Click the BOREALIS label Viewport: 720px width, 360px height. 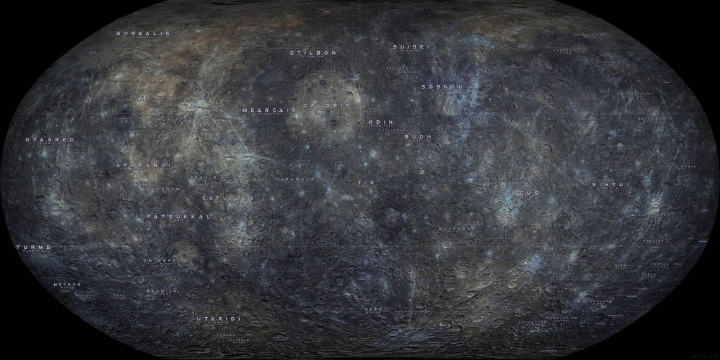tap(143, 33)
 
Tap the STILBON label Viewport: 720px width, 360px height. tap(313, 53)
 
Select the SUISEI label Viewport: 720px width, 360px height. tap(411, 46)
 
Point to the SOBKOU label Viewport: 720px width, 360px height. tap(442, 87)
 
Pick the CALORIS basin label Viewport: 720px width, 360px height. tap(326, 105)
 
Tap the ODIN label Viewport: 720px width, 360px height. tap(380, 122)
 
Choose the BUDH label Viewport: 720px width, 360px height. tap(418, 136)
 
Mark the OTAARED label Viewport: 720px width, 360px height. tap(49, 140)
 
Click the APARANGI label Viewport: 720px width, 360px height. tap(143, 165)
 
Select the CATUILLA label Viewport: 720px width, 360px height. tap(228, 198)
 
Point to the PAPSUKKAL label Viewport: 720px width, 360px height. tap(179, 217)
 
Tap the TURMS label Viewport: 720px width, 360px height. tap(34, 247)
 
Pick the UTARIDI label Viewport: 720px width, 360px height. tap(218, 319)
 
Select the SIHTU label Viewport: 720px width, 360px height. tap(607, 184)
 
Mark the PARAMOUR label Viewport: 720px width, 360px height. tap(295, 179)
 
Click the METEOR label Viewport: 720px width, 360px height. tap(67, 284)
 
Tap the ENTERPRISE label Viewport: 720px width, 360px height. tap(167, 260)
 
